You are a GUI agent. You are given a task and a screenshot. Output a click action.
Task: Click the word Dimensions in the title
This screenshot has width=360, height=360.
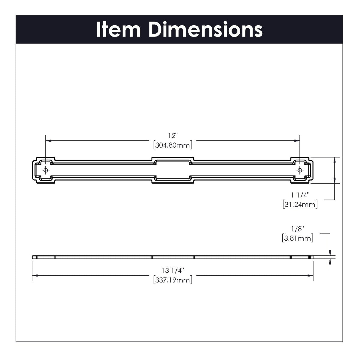click(x=205, y=30)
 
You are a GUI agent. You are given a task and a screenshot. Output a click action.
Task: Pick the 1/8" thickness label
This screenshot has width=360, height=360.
click(x=297, y=229)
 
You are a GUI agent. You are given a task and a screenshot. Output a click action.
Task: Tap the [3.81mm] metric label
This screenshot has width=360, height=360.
click(x=297, y=238)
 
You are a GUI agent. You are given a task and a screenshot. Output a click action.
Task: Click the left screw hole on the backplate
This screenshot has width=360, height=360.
click(x=46, y=170)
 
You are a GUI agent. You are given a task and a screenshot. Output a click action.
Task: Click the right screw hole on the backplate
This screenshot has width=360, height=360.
click(x=299, y=170)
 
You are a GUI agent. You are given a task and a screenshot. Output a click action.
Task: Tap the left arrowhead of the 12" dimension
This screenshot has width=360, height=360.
click(x=48, y=140)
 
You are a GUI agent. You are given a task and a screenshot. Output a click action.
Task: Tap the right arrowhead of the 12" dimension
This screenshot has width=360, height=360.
click(x=297, y=140)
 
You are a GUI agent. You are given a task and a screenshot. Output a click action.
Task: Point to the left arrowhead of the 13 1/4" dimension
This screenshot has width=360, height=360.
click(x=35, y=275)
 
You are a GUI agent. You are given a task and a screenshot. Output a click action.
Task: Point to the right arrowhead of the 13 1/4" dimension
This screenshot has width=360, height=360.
click(x=310, y=275)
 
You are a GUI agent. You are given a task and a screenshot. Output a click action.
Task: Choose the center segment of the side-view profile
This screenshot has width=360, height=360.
click(x=172, y=257)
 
